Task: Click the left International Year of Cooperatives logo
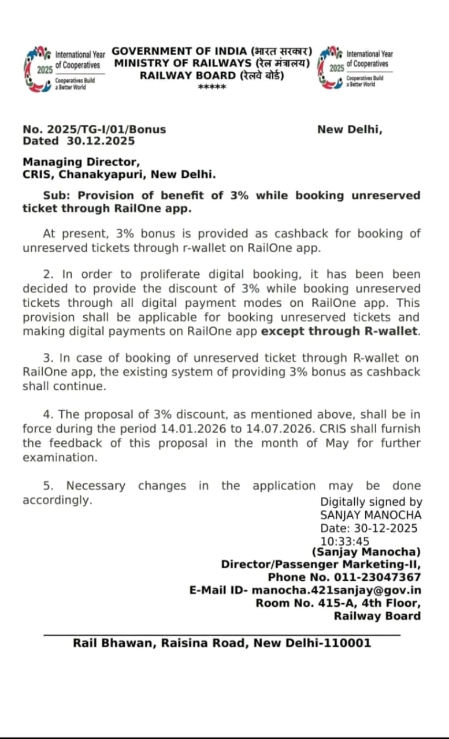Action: coord(38,69)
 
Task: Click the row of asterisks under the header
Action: coord(211,87)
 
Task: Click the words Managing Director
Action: coord(81,162)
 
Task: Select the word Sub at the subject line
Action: coord(54,195)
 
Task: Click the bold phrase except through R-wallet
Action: coord(340,331)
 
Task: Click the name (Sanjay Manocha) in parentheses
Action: coord(366,552)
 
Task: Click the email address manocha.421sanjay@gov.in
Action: coord(337,590)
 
